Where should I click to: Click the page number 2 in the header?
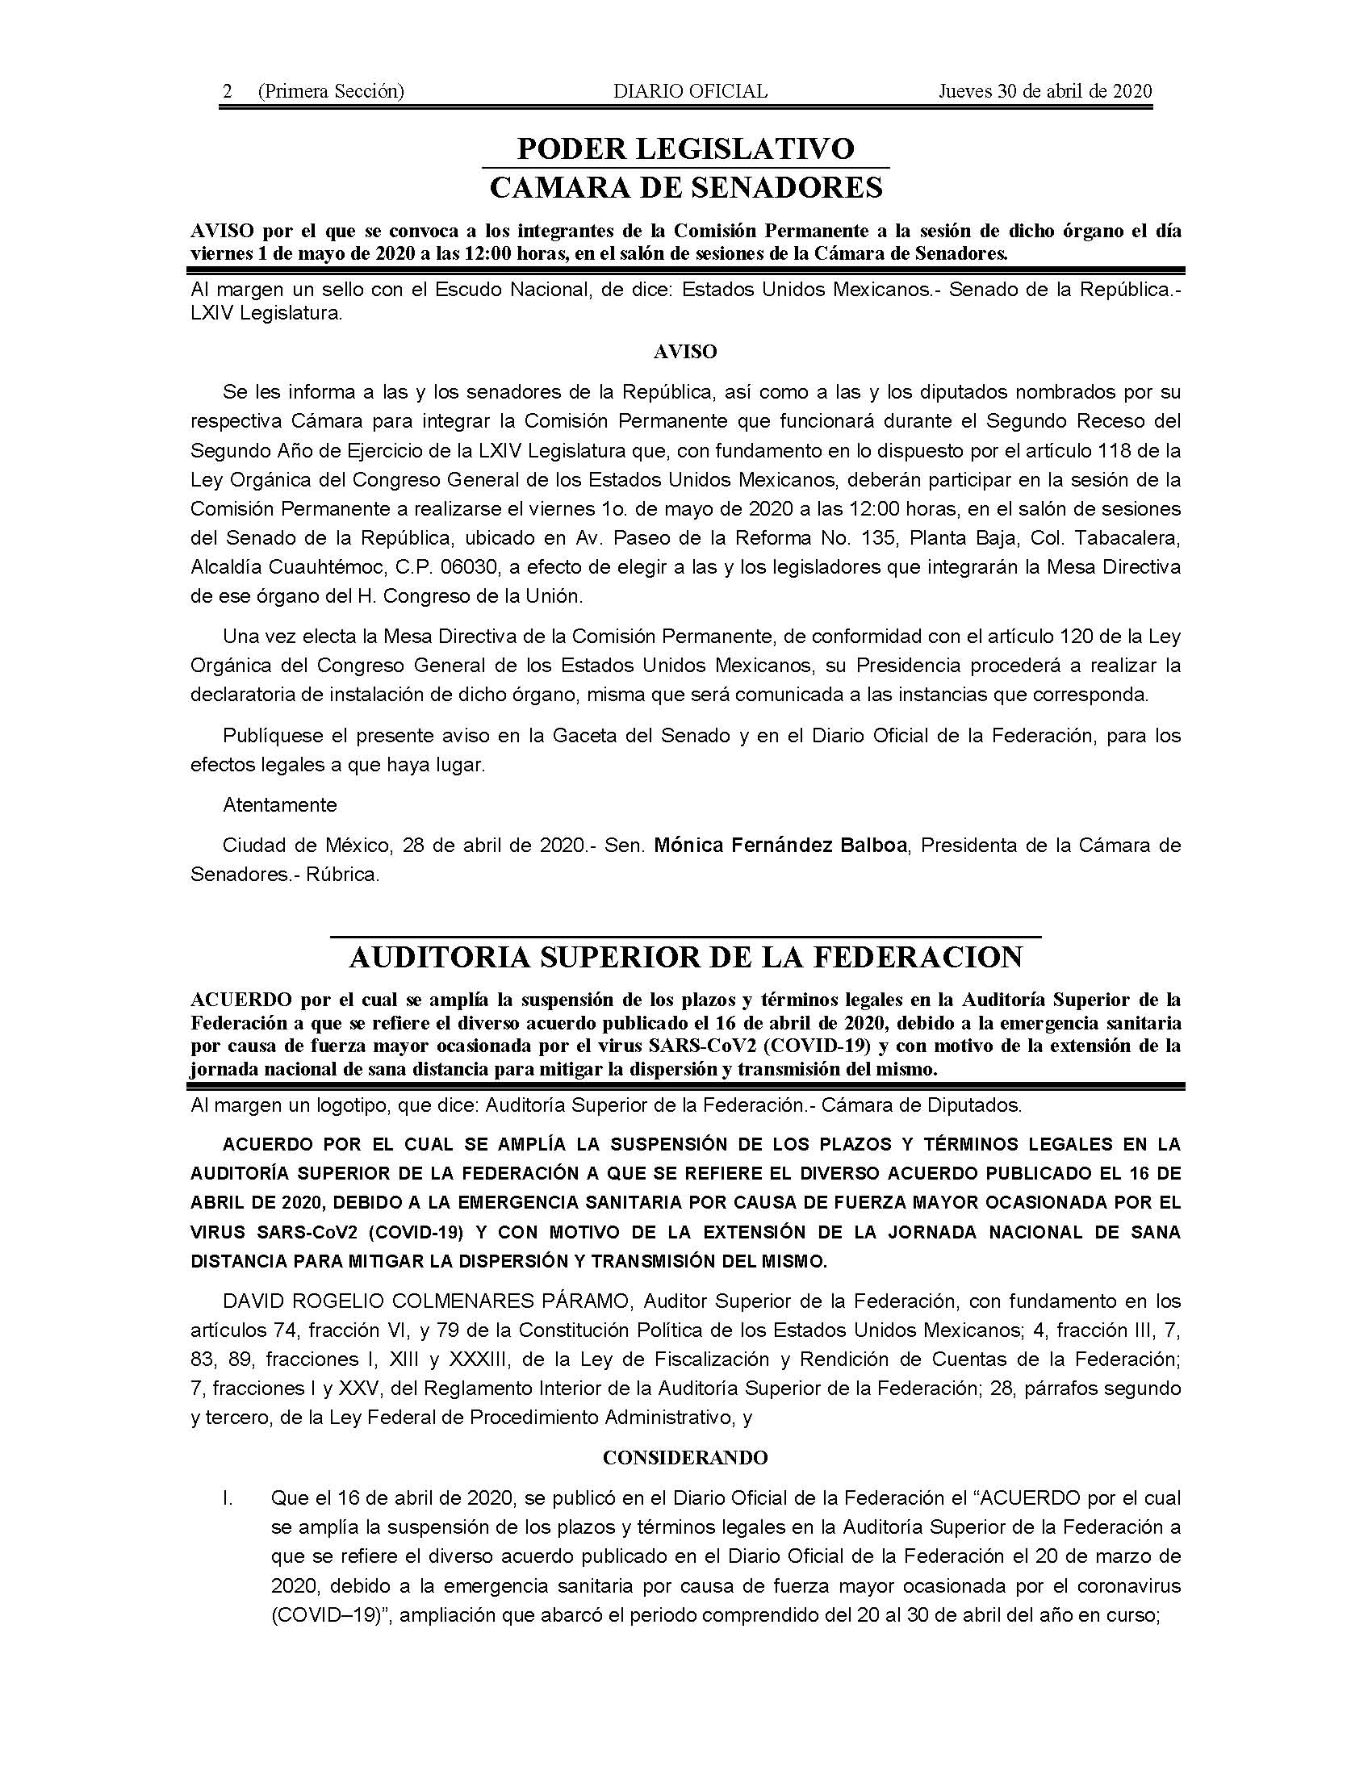tap(228, 91)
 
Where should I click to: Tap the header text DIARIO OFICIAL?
tap(689, 91)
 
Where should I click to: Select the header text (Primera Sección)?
tap(330, 91)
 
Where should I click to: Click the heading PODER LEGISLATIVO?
tap(685, 148)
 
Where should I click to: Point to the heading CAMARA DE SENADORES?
tap(685, 188)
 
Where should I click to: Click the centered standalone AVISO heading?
tap(684, 352)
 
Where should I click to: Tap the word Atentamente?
tap(279, 804)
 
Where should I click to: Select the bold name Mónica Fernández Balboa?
tap(780, 846)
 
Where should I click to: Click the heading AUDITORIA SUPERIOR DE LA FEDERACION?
tap(685, 958)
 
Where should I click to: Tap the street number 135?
tap(881, 537)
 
